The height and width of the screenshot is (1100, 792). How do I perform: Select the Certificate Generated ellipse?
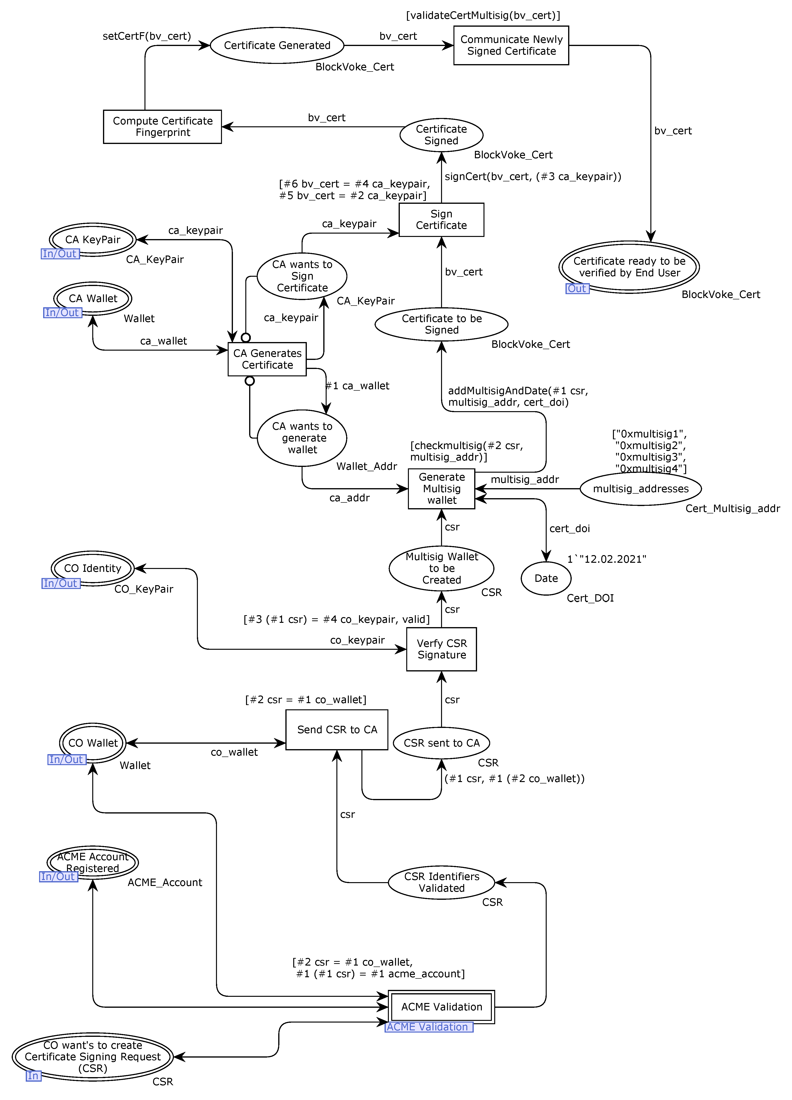(x=277, y=45)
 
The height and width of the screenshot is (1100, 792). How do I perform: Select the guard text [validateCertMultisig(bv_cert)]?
(x=483, y=15)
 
